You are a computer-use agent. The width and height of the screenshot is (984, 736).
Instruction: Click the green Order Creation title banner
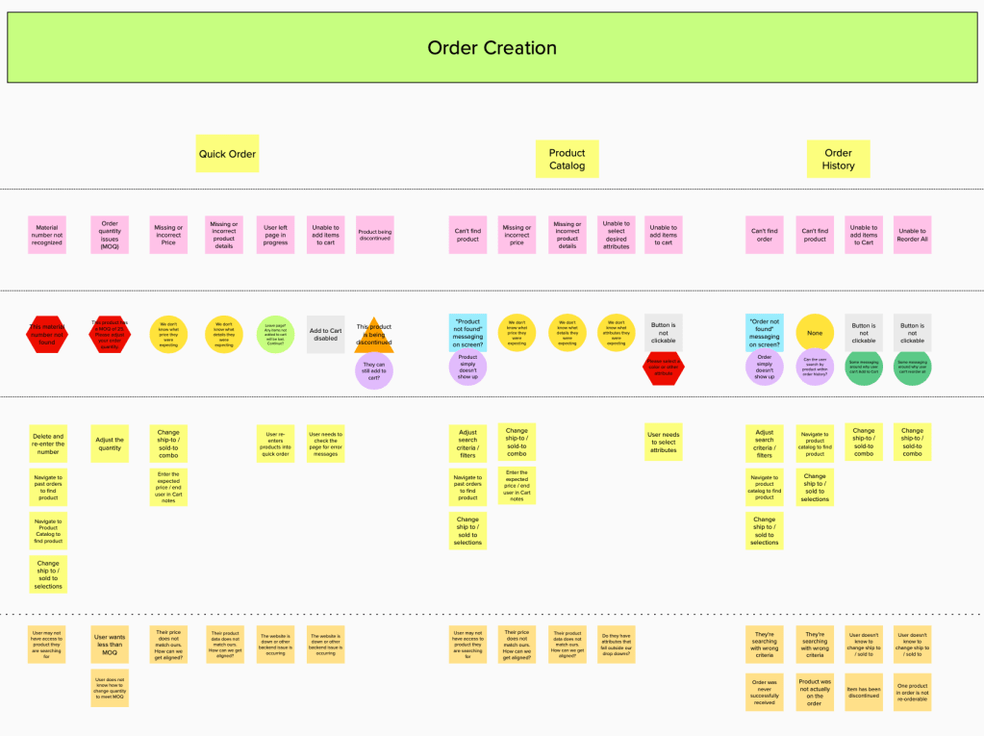(x=492, y=47)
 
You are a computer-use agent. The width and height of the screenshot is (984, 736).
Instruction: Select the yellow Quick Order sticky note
(x=227, y=154)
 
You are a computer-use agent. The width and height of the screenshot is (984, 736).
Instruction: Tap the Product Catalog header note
(x=567, y=159)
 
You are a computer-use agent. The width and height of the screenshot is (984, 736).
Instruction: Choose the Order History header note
(x=838, y=159)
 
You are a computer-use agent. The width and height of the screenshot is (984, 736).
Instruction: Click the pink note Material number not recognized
(x=47, y=236)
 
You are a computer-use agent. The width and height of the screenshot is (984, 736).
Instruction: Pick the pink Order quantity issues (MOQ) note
(x=110, y=236)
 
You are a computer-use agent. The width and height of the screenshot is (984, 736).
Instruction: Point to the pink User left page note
(x=276, y=236)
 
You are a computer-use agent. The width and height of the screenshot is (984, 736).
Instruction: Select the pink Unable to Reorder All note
(x=912, y=236)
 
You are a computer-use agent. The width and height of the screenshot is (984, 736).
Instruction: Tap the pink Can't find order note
(x=765, y=236)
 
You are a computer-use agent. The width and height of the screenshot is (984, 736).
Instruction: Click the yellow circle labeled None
(x=815, y=333)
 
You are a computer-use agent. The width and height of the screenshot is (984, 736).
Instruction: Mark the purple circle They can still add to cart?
(x=374, y=370)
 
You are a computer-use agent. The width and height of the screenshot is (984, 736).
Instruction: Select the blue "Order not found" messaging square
(x=765, y=333)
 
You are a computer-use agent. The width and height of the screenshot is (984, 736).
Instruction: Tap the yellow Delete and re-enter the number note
(x=48, y=444)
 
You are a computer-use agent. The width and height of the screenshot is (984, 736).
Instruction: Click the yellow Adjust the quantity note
(x=110, y=444)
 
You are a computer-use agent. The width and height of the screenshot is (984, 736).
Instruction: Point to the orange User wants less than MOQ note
(x=110, y=646)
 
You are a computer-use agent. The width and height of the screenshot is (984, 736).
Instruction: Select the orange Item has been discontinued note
(x=864, y=691)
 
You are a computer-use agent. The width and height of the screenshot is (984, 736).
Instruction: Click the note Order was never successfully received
(x=765, y=691)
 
